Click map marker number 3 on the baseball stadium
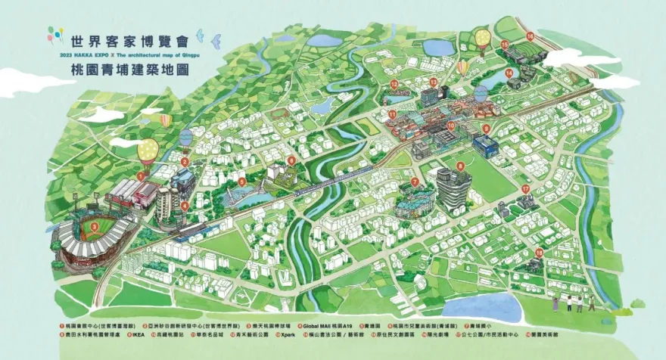pos(93,225)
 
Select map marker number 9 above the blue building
pos(486,129)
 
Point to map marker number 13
pos(433,80)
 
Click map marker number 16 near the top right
pos(530,36)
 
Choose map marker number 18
pos(539,252)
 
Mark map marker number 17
pos(525,188)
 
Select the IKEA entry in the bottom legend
pos(140,333)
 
